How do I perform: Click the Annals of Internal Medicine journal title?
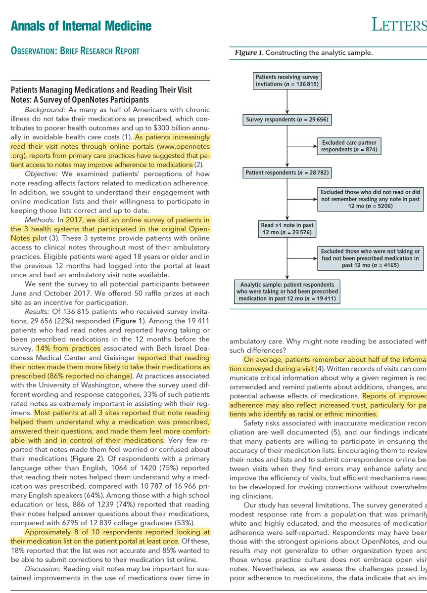(x=81, y=26)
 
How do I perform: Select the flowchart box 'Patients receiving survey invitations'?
(x=287, y=81)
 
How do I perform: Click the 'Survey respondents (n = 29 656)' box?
(x=287, y=120)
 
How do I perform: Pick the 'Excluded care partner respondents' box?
(x=351, y=146)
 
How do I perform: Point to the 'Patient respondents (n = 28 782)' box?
(x=287, y=173)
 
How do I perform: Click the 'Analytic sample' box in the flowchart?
(x=287, y=291)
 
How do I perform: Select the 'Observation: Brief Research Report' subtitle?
(x=75, y=50)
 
